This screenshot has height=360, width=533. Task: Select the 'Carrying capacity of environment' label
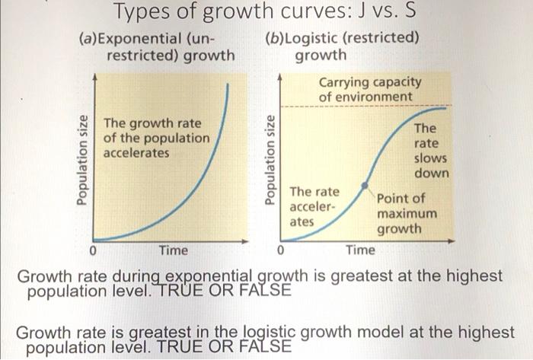pos(369,90)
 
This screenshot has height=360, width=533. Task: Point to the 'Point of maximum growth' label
pos(407,213)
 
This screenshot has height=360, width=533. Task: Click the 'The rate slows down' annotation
pos(430,151)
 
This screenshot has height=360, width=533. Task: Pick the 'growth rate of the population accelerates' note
pos(155,138)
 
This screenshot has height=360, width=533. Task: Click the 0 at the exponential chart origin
pos(92,250)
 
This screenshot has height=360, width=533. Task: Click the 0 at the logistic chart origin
pos(280,250)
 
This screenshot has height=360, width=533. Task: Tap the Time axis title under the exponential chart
pos(173,250)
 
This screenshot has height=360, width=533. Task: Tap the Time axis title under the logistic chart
pos(360,250)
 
